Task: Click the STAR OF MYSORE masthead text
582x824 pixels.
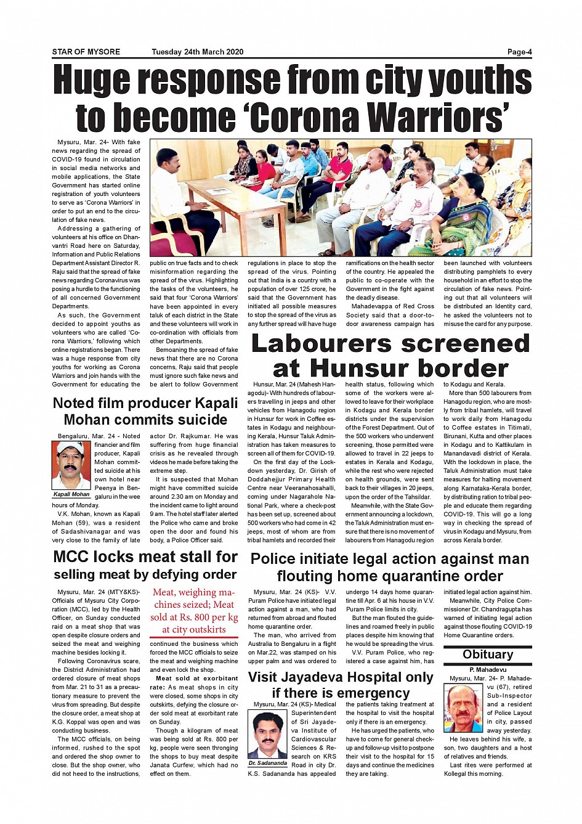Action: coord(86,52)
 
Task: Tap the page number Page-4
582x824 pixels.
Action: coord(519,52)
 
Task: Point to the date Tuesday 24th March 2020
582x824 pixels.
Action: coord(197,52)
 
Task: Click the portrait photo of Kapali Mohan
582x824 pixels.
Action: coord(71,465)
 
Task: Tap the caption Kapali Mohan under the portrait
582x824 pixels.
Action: coord(71,494)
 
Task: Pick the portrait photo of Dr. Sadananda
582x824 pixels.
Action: coord(268,734)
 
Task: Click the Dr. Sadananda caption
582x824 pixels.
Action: coord(268,763)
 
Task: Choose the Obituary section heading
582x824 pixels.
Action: coord(487,655)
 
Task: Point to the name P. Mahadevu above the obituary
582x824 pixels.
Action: coord(487,669)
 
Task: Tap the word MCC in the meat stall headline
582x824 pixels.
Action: coord(72,557)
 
